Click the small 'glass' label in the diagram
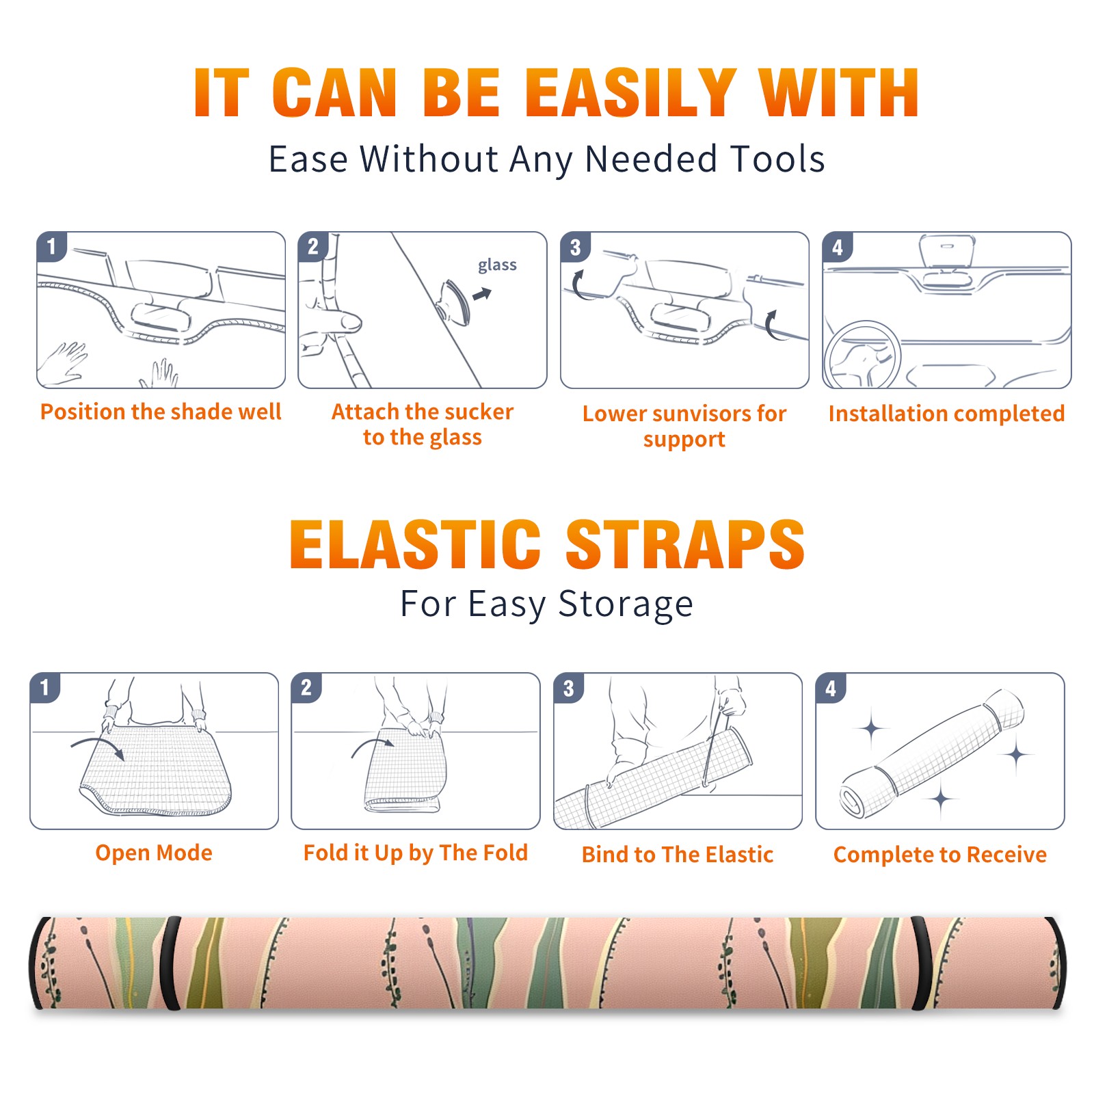pyautogui.click(x=497, y=265)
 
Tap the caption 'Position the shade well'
pyautogui.click(x=161, y=412)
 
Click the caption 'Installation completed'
pyautogui.click(x=946, y=413)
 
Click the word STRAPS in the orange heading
pyautogui.click(x=685, y=544)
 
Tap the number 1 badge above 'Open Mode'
pyautogui.click(x=45, y=687)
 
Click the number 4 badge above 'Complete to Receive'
pyautogui.click(x=831, y=687)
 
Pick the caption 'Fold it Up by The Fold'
pyautogui.click(x=416, y=853)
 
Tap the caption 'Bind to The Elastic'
pyautogui.click(x=678, y=855)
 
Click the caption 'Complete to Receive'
pyautogui.click(x=940, y=855)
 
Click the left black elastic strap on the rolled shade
pyautogui.click(x=172, y=963)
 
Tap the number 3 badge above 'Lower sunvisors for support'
pyautogui.click(x=575, y=247)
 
